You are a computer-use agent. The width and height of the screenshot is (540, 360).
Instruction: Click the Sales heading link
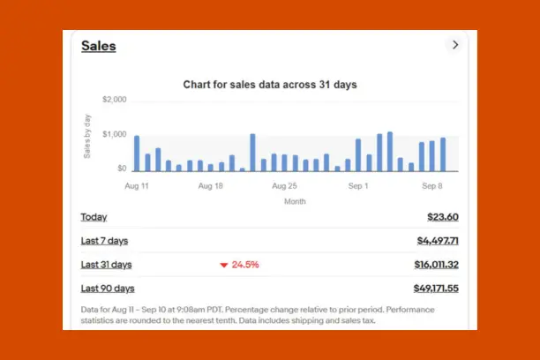point(98,47)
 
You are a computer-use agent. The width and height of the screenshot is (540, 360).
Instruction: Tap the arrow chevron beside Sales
point(455,45)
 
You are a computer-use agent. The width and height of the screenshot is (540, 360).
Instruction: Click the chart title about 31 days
point(269,85)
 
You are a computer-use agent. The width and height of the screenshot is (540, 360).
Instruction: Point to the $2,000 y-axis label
point(115,100)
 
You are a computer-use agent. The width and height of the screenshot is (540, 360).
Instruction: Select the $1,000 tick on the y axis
point(115,134)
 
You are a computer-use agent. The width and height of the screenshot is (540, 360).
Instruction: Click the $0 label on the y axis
point(121,168)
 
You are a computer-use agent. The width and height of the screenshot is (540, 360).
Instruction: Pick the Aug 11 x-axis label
point(137,187)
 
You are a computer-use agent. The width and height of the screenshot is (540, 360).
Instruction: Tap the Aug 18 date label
point(211,187)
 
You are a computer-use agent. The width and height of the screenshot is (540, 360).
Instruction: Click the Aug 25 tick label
point(284,187)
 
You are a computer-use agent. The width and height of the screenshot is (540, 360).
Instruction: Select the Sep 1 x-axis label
point(358,187)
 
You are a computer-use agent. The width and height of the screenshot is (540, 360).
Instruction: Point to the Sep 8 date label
point(431,187)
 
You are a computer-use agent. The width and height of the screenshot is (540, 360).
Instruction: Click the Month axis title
point(295,201)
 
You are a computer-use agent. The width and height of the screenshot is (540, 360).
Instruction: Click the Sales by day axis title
point(87,136)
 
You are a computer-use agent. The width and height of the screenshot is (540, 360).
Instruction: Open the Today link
point(94,217)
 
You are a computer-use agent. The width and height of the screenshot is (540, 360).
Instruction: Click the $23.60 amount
point(442,217)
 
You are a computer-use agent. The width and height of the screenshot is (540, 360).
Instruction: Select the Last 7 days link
point(104,241)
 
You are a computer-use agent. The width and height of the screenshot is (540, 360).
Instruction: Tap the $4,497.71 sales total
point(437,241)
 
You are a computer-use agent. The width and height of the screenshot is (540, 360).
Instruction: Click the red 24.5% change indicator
point(239,265)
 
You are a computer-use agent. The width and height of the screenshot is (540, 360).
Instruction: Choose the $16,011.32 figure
point(436,265)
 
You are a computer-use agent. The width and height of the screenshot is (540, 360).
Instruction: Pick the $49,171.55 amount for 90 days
point(436,289)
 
